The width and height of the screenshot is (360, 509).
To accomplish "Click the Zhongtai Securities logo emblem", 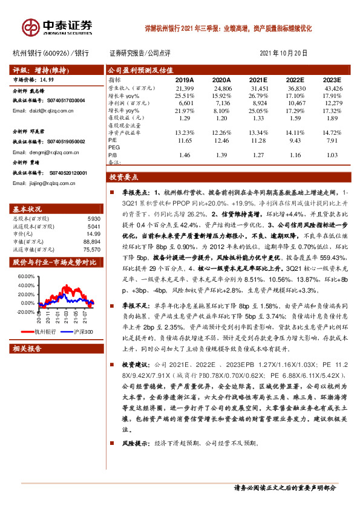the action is (30, 27).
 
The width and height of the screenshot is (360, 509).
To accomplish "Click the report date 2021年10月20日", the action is (283, 53).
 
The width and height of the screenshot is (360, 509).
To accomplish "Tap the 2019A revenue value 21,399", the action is (183, 88).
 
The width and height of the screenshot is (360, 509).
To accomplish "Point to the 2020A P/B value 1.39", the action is (222, 155).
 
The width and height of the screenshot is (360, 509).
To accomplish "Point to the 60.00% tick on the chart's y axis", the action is (26, 276).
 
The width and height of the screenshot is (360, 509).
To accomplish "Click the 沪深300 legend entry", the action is (83, 331).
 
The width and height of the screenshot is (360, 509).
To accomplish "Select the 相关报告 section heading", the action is (27, 349).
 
